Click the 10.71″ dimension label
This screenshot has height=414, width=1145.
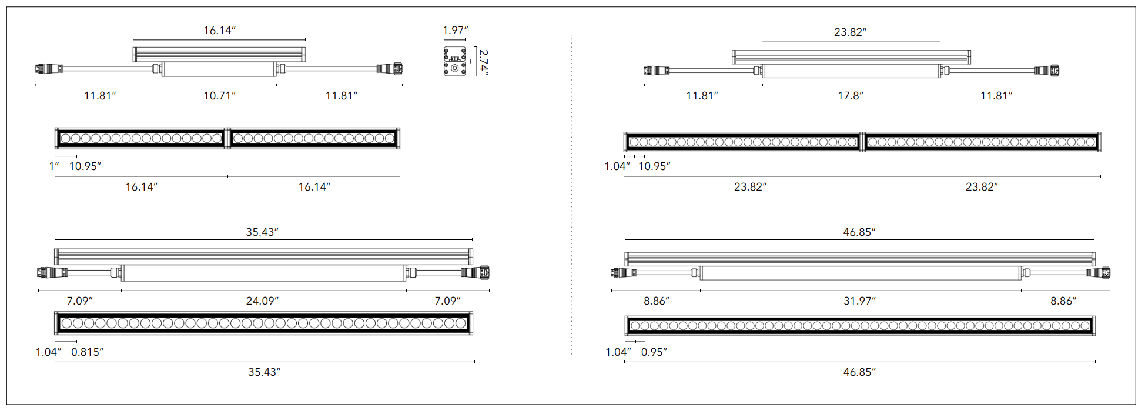pos(219,95)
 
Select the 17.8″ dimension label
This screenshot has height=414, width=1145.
pos(850,95)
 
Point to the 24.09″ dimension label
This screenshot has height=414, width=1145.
pos(262,301)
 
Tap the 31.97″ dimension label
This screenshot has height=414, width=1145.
pos(859,301)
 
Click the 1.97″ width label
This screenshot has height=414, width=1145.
pos(455,31)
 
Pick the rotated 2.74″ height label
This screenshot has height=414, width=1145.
pos(483,62)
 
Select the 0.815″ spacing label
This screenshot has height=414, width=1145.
pos(87,352)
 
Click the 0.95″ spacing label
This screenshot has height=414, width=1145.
pos(654,352)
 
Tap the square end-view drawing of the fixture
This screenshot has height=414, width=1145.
pos(454,61)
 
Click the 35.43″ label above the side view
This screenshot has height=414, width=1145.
pos(262,232)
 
